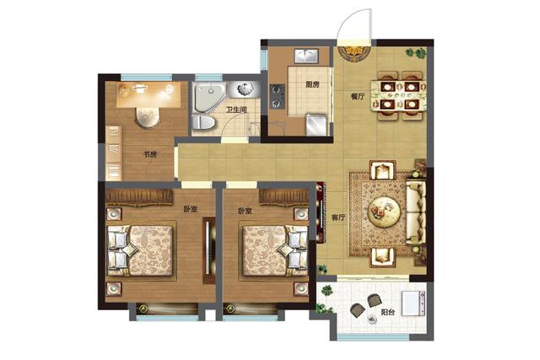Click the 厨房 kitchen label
point(312,84)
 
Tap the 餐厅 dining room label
point(358,96)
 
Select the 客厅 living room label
point(338,218)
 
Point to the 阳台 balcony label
point(388,313)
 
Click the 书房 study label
point(150,154)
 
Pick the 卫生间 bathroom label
point(236,110)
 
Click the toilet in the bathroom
point(203,122)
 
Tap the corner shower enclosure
point(209,98)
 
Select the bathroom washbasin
point(244,89)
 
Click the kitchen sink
point(306,56)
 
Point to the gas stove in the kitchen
point(278,96)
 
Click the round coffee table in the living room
point(384,212)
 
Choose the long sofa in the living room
point(416,212)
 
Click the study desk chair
point(148,118)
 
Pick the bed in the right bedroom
point(274,250)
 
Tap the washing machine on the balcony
point(413,304)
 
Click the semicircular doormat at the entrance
point(354,53)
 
